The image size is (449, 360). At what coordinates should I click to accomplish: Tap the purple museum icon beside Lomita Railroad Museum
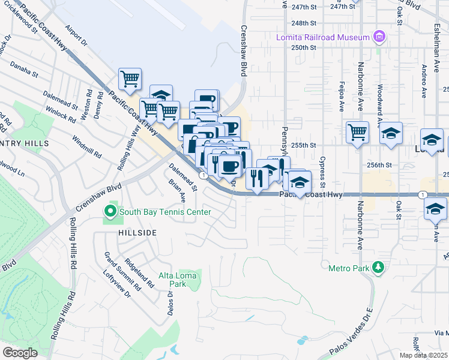(x=378, y=37)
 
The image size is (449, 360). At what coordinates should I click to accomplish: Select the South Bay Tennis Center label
(x=164, y=212)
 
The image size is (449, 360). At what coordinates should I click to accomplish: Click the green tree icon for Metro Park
(x=378, y=267)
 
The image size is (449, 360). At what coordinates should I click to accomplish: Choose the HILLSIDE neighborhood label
(x=120, y=232)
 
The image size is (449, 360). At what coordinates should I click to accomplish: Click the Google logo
(x=20, y=353)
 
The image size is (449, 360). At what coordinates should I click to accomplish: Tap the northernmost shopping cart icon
(x=130, y=78)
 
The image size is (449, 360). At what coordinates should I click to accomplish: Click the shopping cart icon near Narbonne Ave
(x=357, y=131)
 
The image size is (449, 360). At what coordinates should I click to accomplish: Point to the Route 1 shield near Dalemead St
(x=204, y=175)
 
